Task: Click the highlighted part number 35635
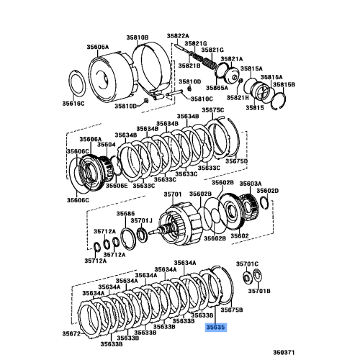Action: pos(216,326)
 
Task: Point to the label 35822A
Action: pos(178,35)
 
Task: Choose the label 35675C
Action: pos(213,109)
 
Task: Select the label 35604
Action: pos(106,145)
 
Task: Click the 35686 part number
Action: pos(126,214)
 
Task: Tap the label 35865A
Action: pos(196,86)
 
